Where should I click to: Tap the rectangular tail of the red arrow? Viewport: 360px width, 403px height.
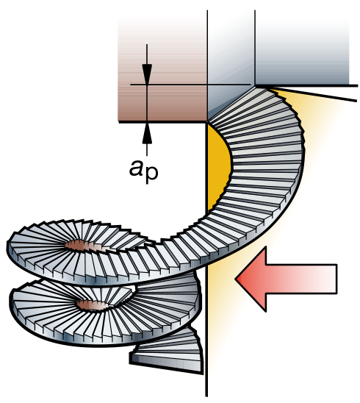tap(301, 279)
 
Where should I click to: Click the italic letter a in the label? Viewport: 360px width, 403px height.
tap(136, 168)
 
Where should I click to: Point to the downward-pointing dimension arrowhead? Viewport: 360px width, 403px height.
tap(147, 74)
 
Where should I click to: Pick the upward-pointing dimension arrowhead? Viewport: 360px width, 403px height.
tap(147, 133)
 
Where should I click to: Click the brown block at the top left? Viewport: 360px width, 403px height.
tap(162, 69)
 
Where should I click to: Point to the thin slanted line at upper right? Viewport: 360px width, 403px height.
tap(313, 94)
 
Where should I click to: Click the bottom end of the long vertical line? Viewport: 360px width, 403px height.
tap(206, 396)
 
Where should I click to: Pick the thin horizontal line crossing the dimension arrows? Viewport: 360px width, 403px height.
tap(190, 85)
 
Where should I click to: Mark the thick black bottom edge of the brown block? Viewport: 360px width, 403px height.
tap(163, 122)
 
